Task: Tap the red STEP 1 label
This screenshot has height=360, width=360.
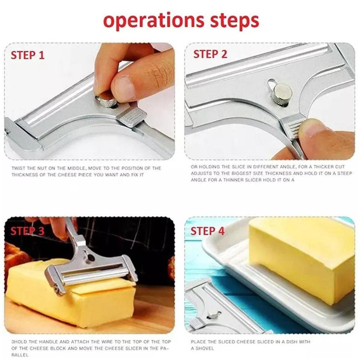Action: coord(28,55)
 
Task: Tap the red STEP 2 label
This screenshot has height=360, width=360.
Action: coord(210,54)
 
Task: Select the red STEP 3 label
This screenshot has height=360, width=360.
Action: coord(27,231)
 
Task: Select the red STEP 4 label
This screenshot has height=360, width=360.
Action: coord(207,231)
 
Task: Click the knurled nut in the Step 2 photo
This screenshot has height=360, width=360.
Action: coord(283,94)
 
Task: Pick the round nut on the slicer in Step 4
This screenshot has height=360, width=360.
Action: coord(213,314)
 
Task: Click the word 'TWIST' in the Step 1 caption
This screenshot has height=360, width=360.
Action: coord(18,168)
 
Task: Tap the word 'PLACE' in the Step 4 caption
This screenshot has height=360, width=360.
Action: coord(198,342)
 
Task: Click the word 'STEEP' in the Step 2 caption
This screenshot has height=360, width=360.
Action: coord(345,173)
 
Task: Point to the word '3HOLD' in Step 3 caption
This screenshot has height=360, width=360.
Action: coord(19,342)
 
